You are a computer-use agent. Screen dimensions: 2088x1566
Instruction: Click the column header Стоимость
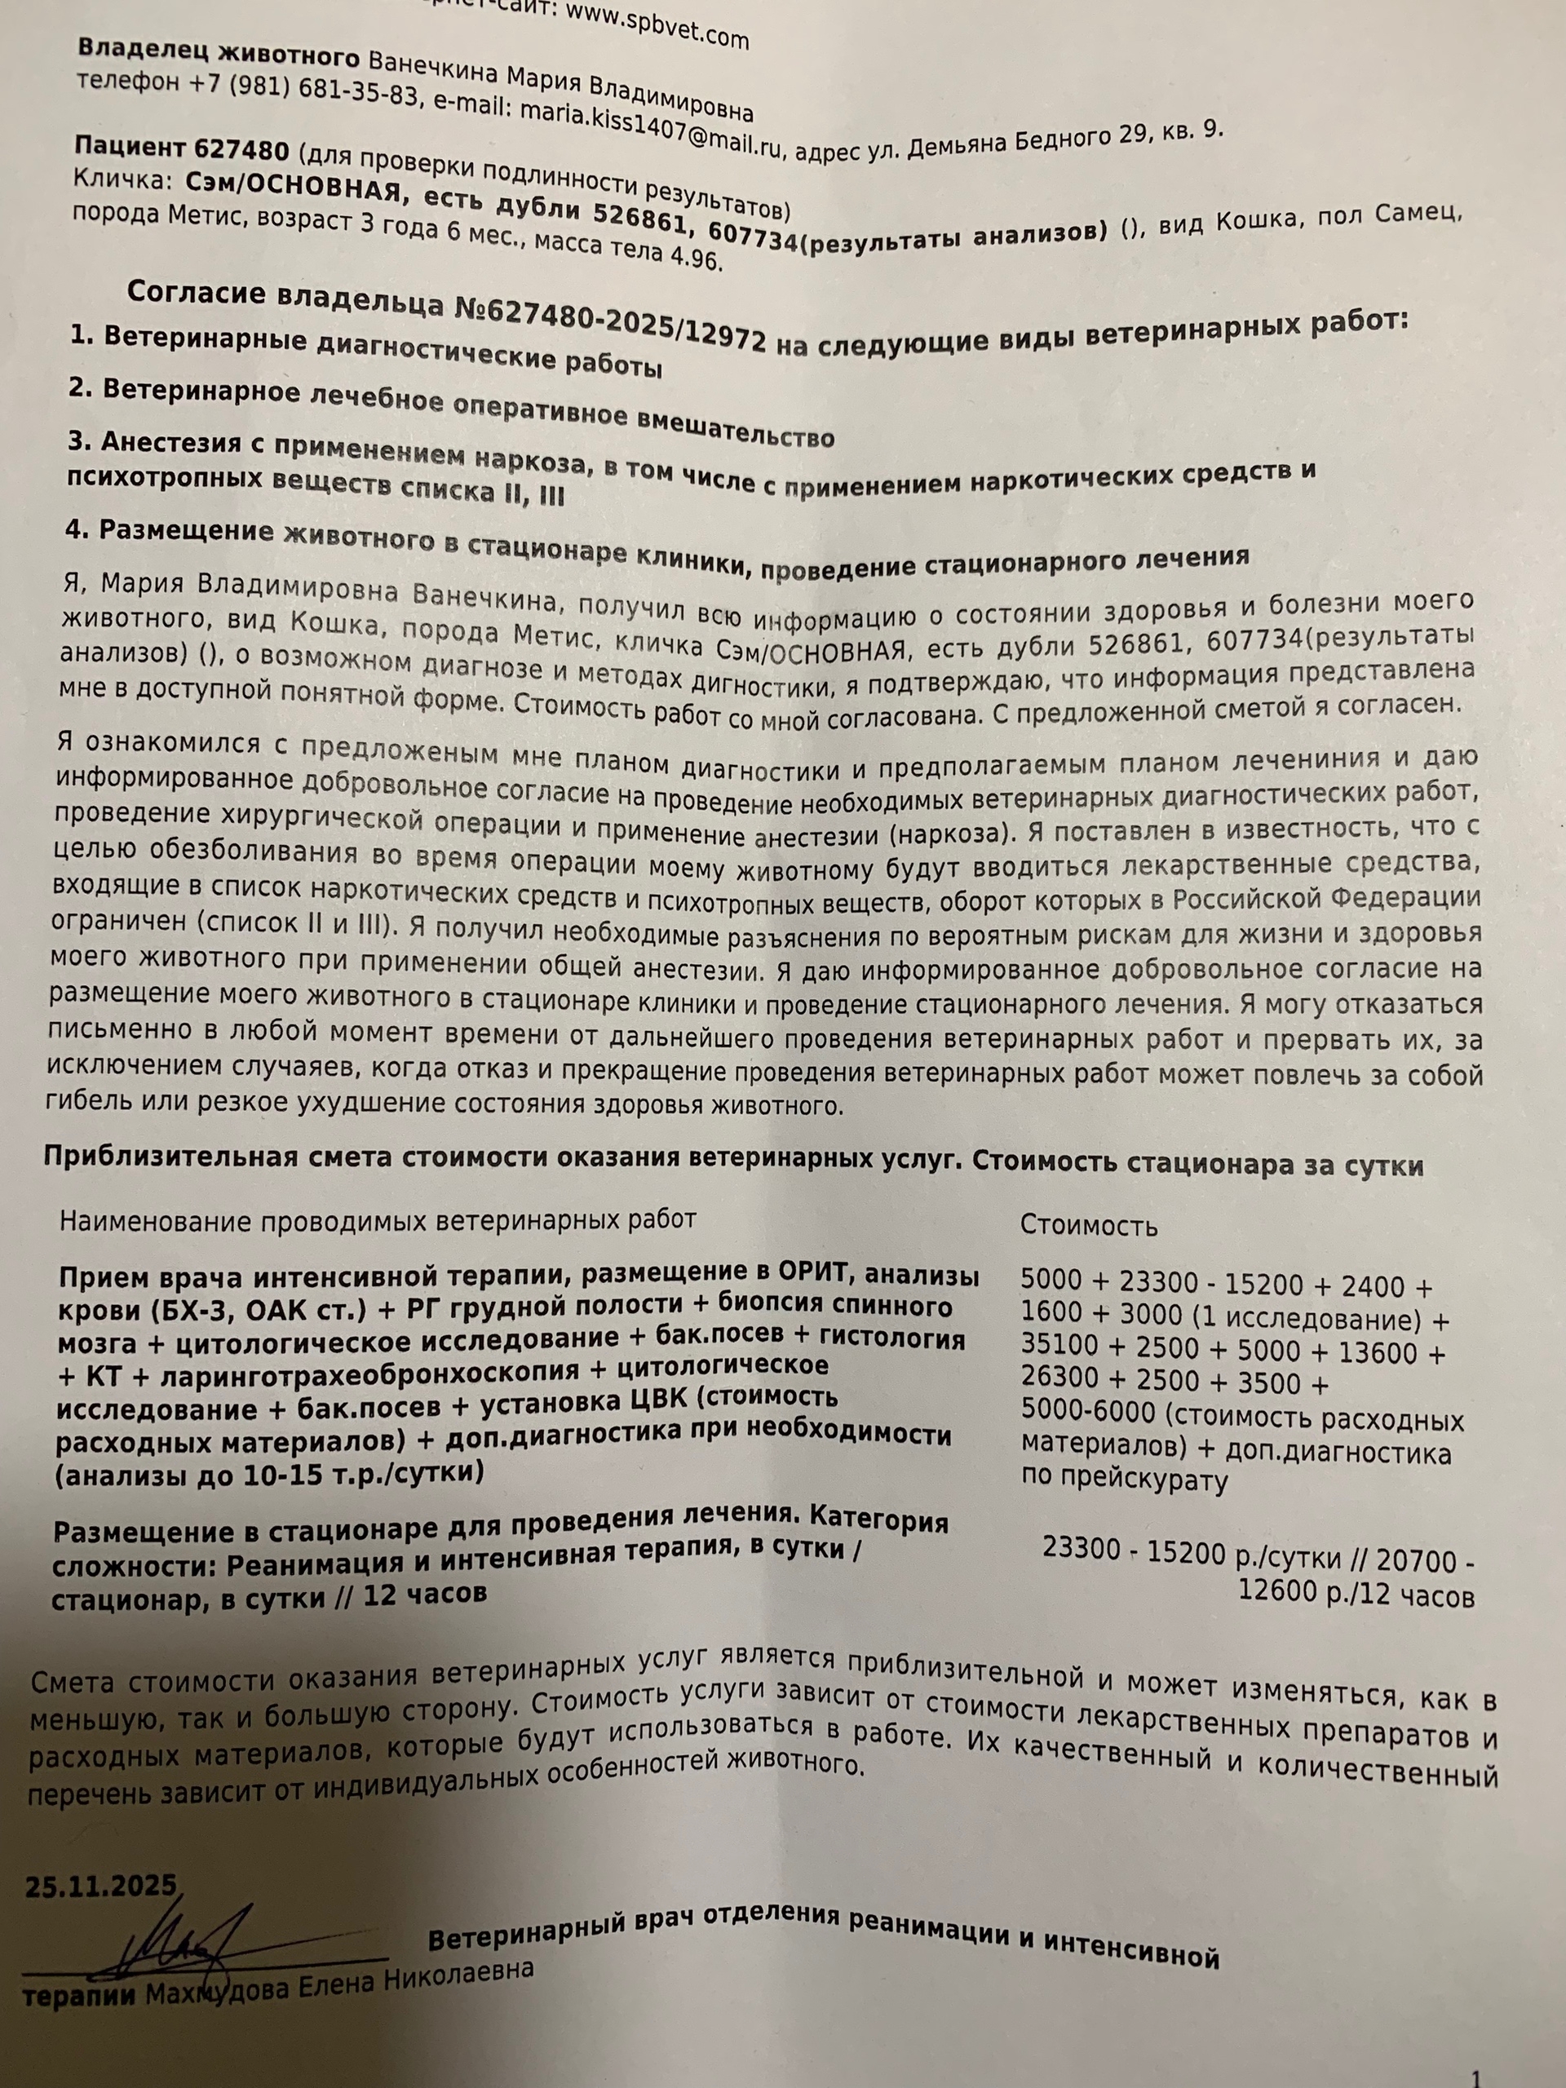(1088, 1226)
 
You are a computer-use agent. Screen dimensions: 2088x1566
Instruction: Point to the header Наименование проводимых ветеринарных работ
(378, 1220)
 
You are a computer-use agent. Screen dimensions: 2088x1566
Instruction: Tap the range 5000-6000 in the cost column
(1088, 1414)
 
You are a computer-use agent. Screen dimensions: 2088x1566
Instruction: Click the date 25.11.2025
(101, 1886)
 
